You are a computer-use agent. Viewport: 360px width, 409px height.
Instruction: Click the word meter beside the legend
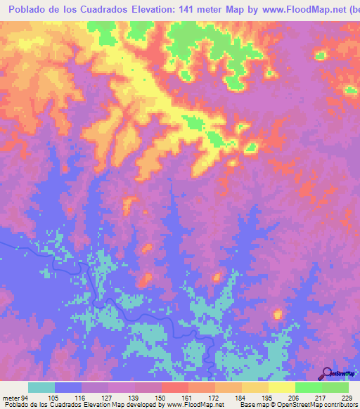coord(11,398)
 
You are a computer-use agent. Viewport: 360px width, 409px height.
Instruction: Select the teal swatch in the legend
coord(41,387)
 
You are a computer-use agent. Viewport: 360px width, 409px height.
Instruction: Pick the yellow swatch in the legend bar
coord(281,387)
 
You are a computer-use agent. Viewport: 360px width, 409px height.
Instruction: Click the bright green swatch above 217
coord(308,387)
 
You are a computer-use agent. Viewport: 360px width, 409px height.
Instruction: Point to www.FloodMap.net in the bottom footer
coord(195,405)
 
